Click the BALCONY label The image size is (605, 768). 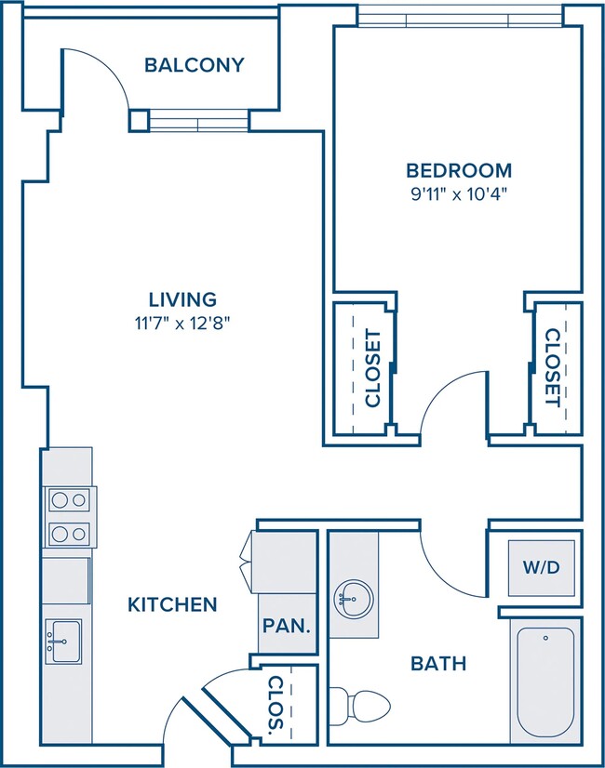(x=195, y=65)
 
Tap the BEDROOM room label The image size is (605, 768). (x=459, y=170)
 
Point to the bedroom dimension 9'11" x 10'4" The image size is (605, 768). (x=459, y=194)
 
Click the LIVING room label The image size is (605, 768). (x=182, y=299)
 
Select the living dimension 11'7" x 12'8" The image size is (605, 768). (x=182, y=324)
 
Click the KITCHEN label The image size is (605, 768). (x=172, y=605)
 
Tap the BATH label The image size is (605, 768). (x=438, y=664)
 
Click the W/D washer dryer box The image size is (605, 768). (x=542, y=568)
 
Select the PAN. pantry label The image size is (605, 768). (x=287, y=626)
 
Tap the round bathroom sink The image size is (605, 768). (x=354, y=599)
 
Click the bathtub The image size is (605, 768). (x=545, y=682)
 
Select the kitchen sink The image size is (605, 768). (x=63, y=642)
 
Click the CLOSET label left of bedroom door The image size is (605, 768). (x=373, y=368)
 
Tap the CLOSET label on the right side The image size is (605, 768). (x=553, y=367)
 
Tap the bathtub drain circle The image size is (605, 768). (x=545, y=638)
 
